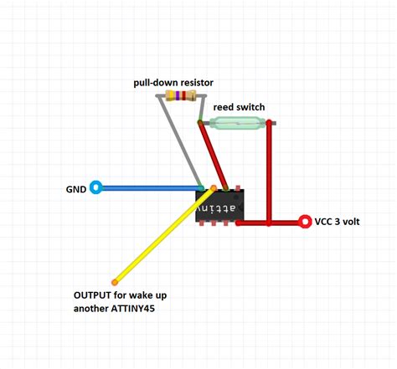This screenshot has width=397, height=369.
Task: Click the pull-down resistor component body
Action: pyautogui.click(x=182, y=96)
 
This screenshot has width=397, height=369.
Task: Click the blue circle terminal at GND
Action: pyautogui.click(x=96, y=187)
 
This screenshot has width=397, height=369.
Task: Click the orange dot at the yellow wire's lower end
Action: pyautogui.click(x=115, y=281)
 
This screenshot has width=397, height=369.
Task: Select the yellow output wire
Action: pyautogui.click(x=164, y=234)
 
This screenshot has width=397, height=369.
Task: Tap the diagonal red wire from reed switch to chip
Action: pyautogui.click(x=213, y=156)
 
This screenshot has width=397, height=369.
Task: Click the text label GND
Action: pyautogui.click(x=76, y=188)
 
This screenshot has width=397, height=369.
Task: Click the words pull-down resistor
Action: pyautogui.click(x=173, y=83)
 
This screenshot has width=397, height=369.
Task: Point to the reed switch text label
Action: pyautogui.click(x=239, y=108)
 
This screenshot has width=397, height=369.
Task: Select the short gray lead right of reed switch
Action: pyautogui.click(x=271, y=124)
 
